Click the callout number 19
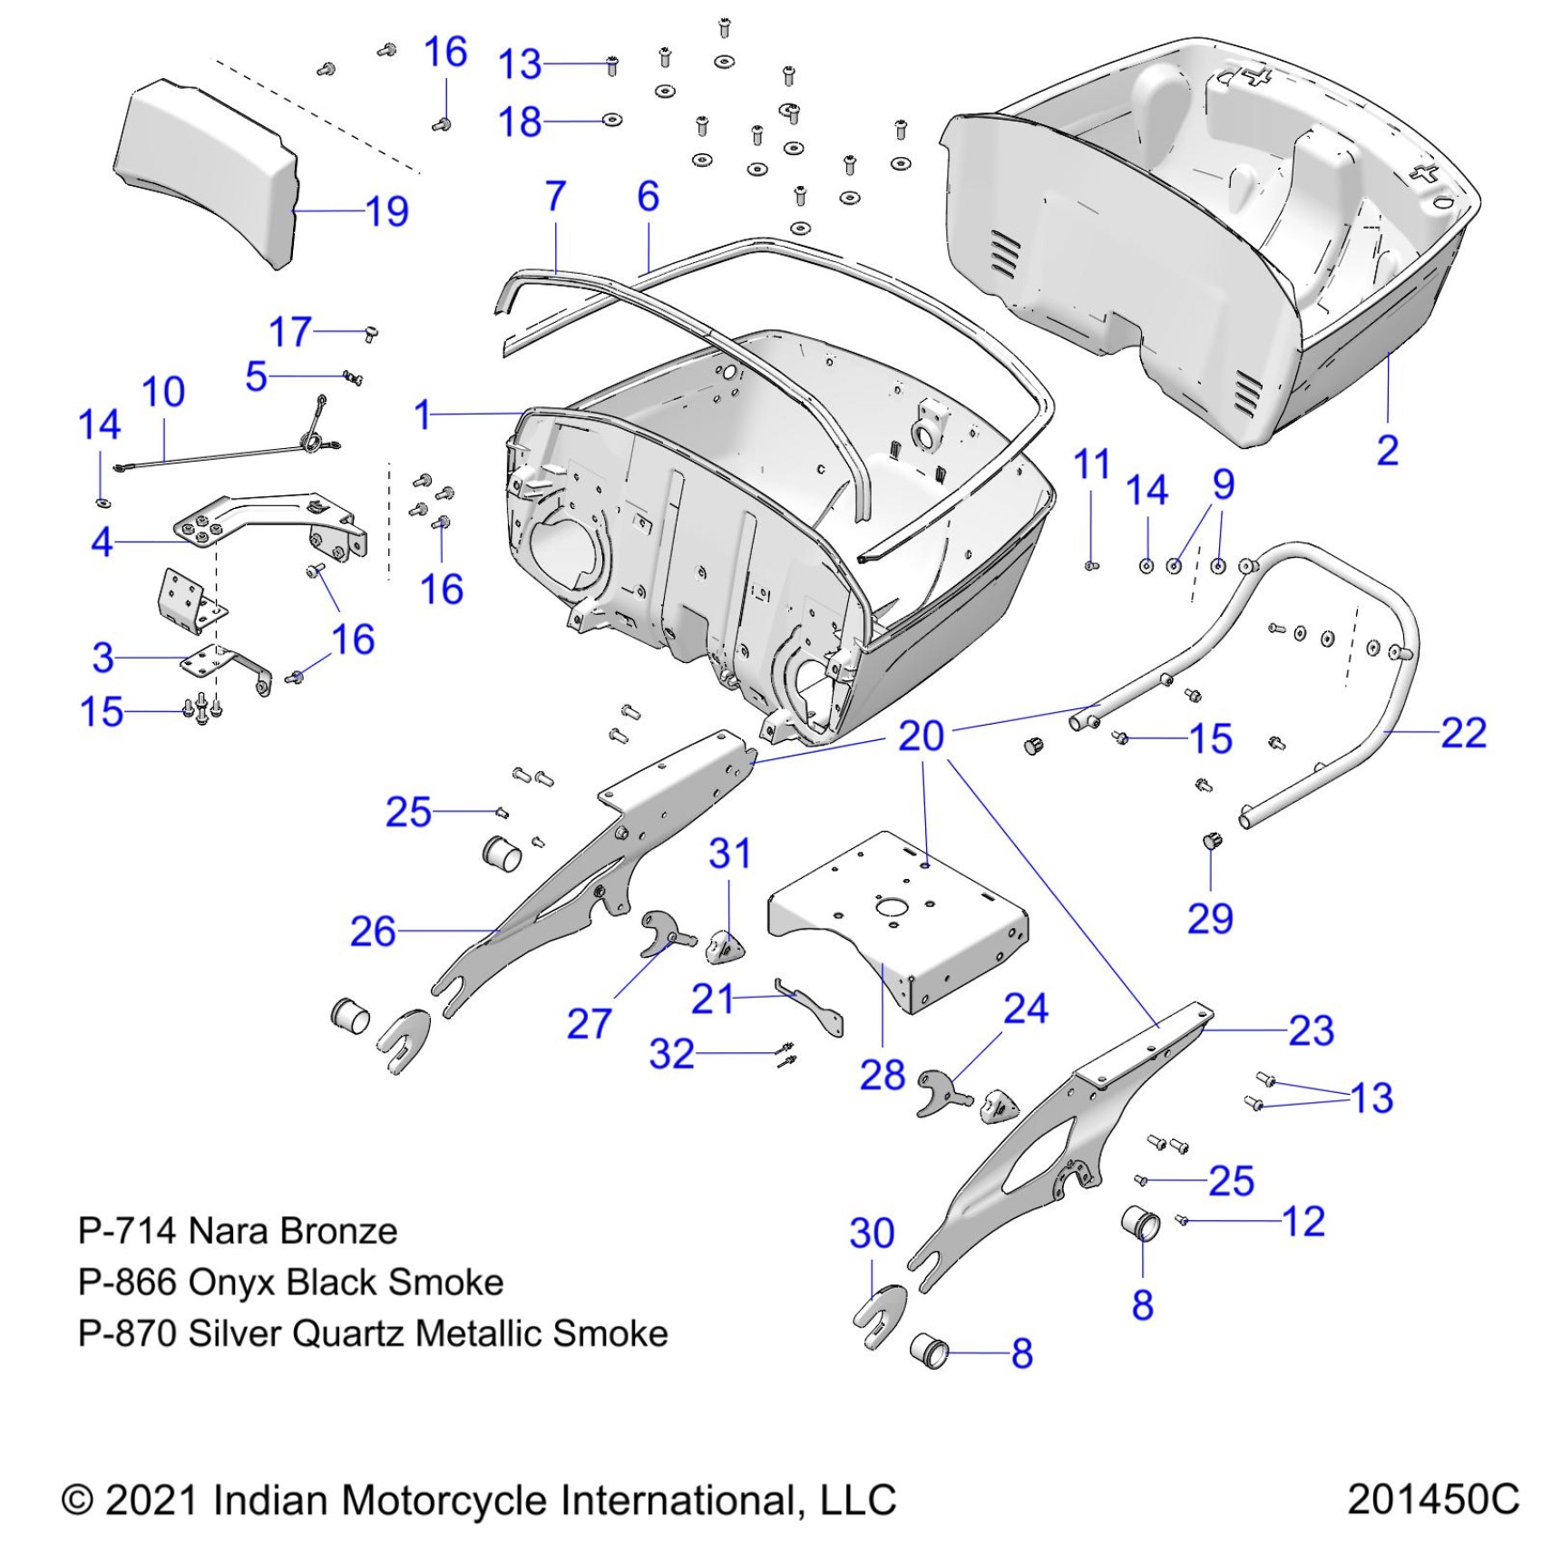pos(387,212)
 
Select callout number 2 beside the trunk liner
pos(1387,451)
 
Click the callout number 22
pos(1463,733)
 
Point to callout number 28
pos(882,1075)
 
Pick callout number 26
pos(373,932)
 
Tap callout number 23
pos(1311,1031)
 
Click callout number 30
pos(872,1234)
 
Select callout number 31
pos(729,854)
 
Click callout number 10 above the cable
pos(163,392)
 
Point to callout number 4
pos(102,542)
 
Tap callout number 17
pos(290,332)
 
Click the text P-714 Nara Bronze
pos(238,1231)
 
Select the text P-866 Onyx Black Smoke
pos(290,1283)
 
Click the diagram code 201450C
pos(1432,1499)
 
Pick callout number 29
pos(1210,919)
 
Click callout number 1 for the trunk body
pos(422,415)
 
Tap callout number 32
pos(671,1054)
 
